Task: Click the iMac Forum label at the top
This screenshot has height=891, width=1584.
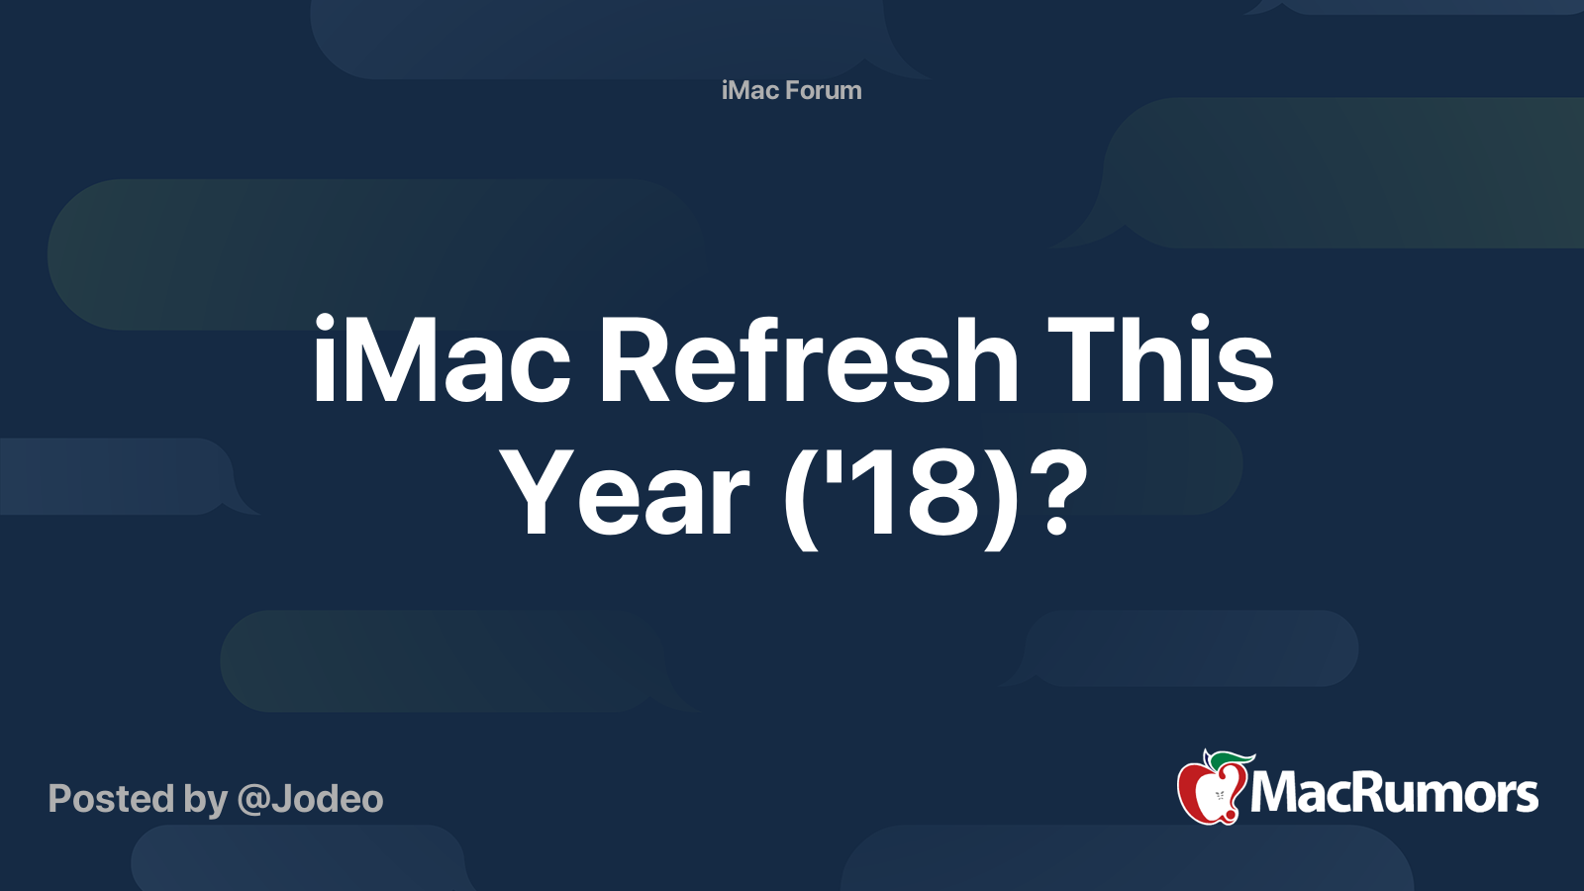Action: (791, 90)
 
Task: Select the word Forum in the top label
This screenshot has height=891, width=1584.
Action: (824, 90)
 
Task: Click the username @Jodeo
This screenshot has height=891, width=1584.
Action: (310, 799)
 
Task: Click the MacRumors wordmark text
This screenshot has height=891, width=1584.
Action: (1394, 793)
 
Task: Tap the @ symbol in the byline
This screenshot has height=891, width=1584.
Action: (252, 800)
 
